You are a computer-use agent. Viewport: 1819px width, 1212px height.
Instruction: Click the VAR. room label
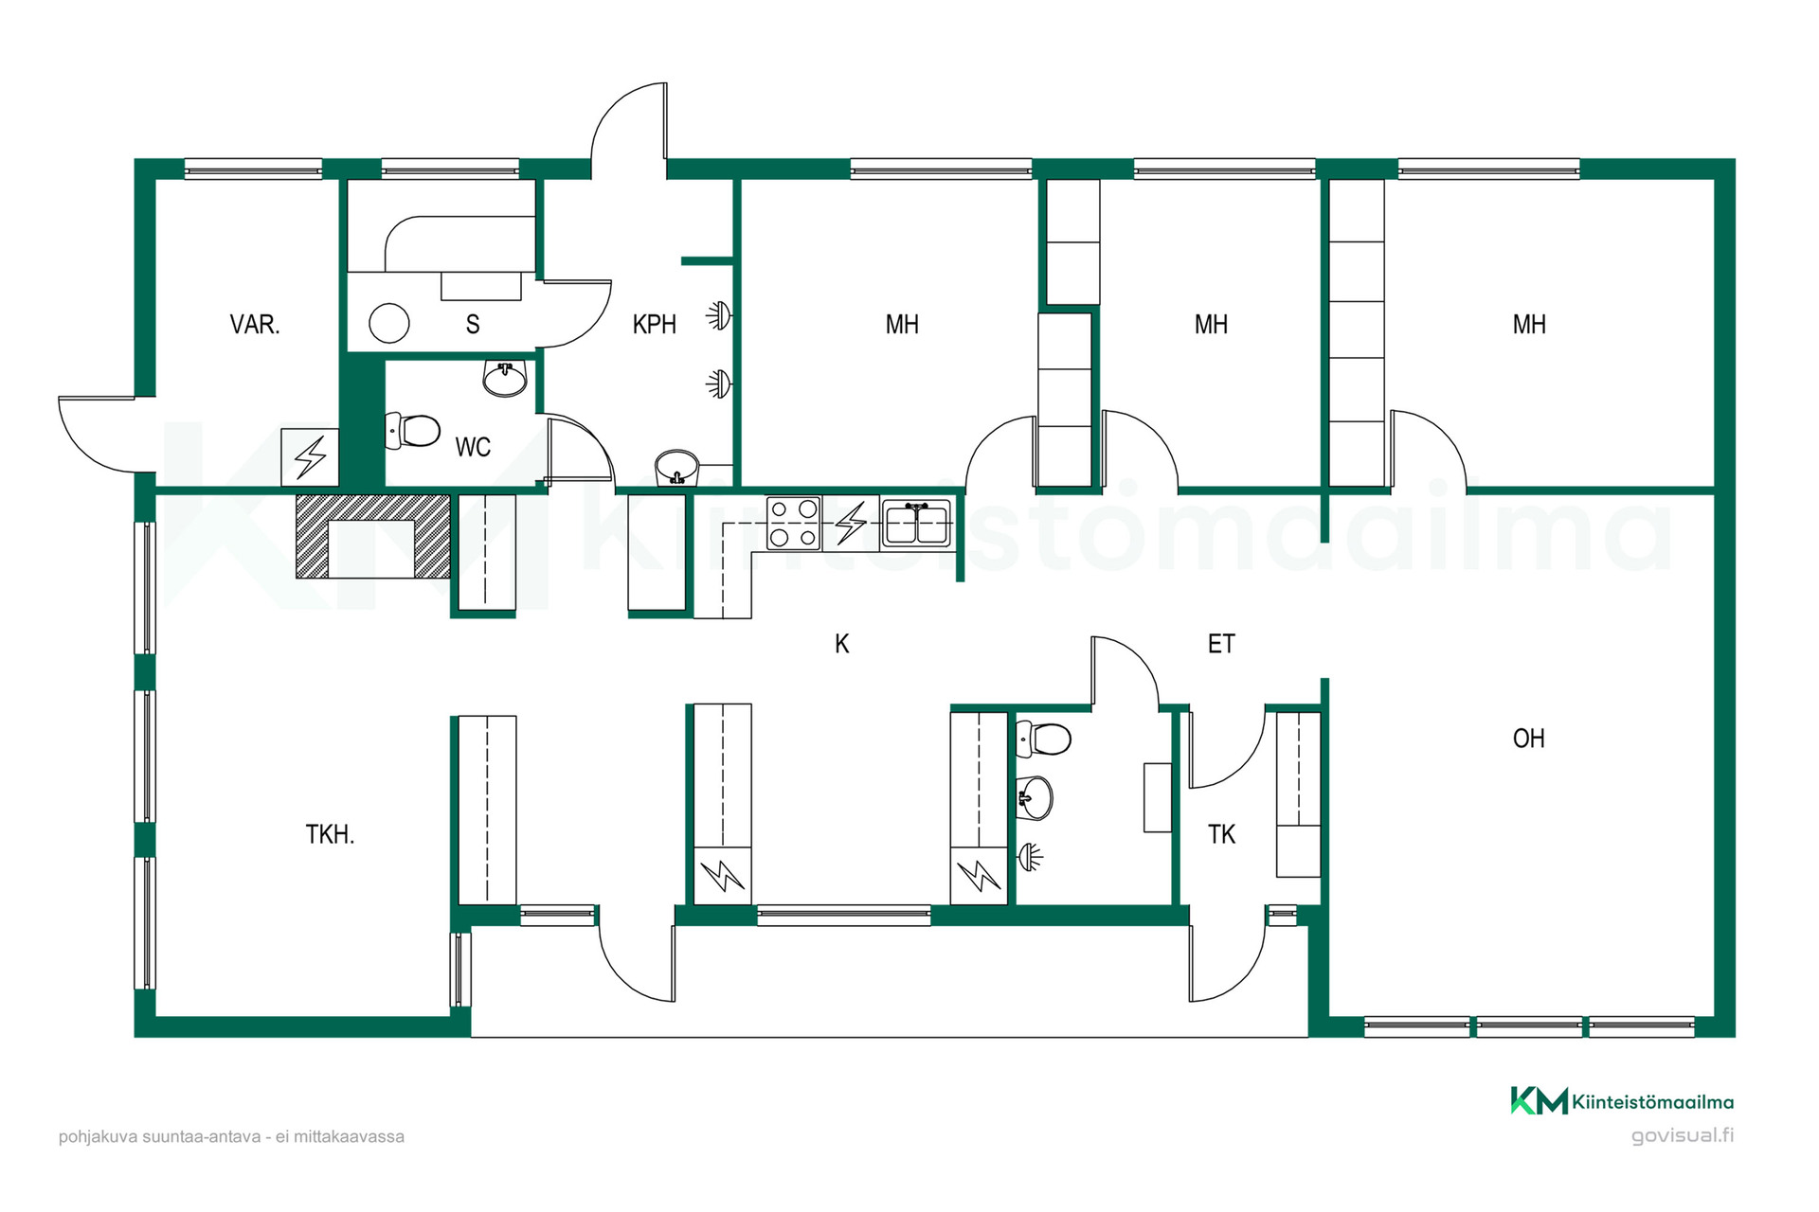pos(255,325)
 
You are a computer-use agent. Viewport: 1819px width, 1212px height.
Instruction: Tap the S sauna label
pos(473,325)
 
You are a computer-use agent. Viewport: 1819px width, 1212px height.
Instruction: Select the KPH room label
pos(655,325)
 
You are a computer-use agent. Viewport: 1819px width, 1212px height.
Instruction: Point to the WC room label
pos(473,447)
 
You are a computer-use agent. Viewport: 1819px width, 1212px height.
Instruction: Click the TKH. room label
pos(330,834)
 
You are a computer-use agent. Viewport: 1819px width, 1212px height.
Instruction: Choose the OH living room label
pos(1529,739)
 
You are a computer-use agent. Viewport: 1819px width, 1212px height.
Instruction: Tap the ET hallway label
pos(1221,644)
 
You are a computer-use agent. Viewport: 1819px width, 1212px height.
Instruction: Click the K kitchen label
pos(842,644)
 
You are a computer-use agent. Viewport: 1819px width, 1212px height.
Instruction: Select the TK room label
pos(1221,834)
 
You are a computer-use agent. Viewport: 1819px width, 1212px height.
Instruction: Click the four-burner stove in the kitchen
pos(793,524)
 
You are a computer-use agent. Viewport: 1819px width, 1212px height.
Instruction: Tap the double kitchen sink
pos(916,524)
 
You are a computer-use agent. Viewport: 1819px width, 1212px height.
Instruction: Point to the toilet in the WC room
pos(413,431)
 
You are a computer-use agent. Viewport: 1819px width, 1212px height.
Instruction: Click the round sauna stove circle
pos(388,323)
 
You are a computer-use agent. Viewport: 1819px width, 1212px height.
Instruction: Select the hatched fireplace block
pos(372,536)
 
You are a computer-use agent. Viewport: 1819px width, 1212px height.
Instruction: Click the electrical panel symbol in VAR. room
pos(310,457)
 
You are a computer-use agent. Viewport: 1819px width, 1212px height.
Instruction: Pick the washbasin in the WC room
pos(505,378)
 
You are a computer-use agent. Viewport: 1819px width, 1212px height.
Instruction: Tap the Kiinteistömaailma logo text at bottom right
pos(1652,1102)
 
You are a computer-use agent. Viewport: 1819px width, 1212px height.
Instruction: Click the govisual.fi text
pos(1683,1135)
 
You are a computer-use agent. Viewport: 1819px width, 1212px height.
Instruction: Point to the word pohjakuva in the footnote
pos(99,1137)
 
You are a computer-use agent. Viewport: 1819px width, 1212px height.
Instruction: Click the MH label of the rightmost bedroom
pos(1529,325)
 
